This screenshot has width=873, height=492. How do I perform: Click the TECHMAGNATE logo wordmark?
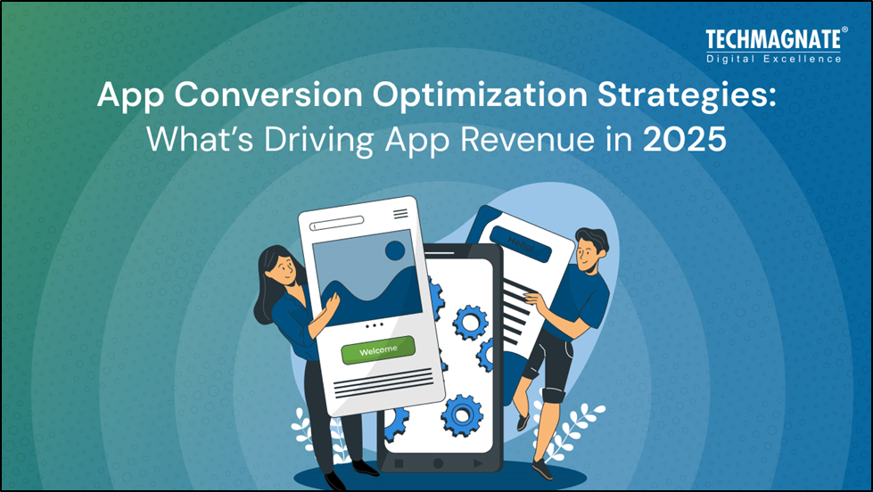tap(773, 39)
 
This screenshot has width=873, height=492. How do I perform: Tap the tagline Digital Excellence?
tap(773, 59)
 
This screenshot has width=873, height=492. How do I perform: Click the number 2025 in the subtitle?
tap(684, 140)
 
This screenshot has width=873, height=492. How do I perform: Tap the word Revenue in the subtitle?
tap(527, 140)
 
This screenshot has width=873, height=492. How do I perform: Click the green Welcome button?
tap(378, 350)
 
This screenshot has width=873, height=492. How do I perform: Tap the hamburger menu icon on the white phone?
tap(400, 214)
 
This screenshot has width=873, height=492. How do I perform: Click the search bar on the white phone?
tap(337, 223)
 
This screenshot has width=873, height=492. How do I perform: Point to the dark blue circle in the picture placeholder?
tap(395, 251)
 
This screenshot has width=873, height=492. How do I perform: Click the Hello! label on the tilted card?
tap(521, 244)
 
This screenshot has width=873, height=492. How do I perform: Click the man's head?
tap(589, 249)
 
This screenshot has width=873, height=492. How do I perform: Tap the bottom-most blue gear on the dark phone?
tap(462, 415)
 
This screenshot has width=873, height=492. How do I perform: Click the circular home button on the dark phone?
tap(438, 463)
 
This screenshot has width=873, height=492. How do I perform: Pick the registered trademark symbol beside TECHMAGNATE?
tap(844, 29)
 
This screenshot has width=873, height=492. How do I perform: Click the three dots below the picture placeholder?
tap(375, 324)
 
